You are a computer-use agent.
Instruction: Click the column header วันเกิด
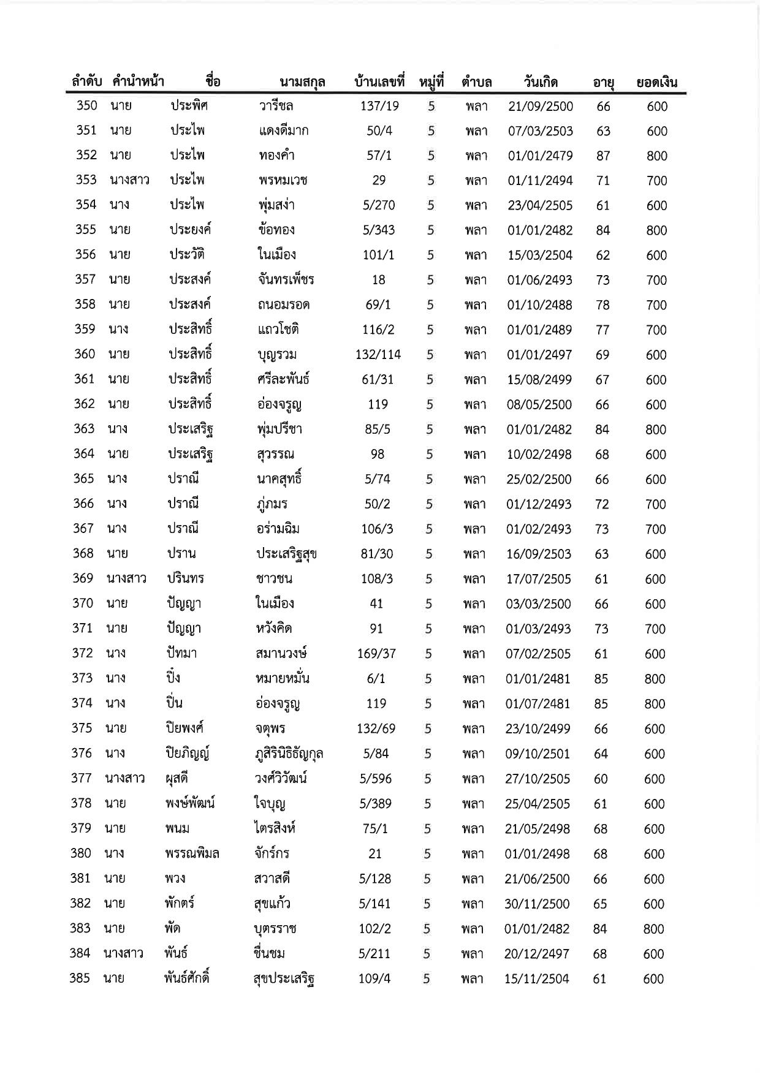pos(541,81)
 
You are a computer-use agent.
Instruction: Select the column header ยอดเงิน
pos(656,82)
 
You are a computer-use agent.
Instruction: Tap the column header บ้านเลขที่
pos(380,81)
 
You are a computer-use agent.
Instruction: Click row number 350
pos(86,105)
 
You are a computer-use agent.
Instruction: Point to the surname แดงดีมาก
pos(283,130)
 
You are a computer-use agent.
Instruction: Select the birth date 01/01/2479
pos(540,156)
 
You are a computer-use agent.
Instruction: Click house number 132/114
pos(378,355)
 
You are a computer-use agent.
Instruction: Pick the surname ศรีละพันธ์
pos(283,379)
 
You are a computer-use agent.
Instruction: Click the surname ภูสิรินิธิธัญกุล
pos(289,754)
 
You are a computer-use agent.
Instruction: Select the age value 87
pos(603,156)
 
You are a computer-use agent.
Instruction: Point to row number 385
pos(80,978)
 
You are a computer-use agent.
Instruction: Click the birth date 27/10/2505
pos(538,779)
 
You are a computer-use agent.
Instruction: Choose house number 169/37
pos(376,654)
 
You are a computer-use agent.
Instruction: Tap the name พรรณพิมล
pos(192,853)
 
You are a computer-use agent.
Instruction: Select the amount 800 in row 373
pos(655,679)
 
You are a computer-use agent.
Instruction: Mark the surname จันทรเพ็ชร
pos(286,280)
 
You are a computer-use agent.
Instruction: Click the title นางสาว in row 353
pos(129,180)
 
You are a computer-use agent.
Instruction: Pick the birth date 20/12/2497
pos(537,954)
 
